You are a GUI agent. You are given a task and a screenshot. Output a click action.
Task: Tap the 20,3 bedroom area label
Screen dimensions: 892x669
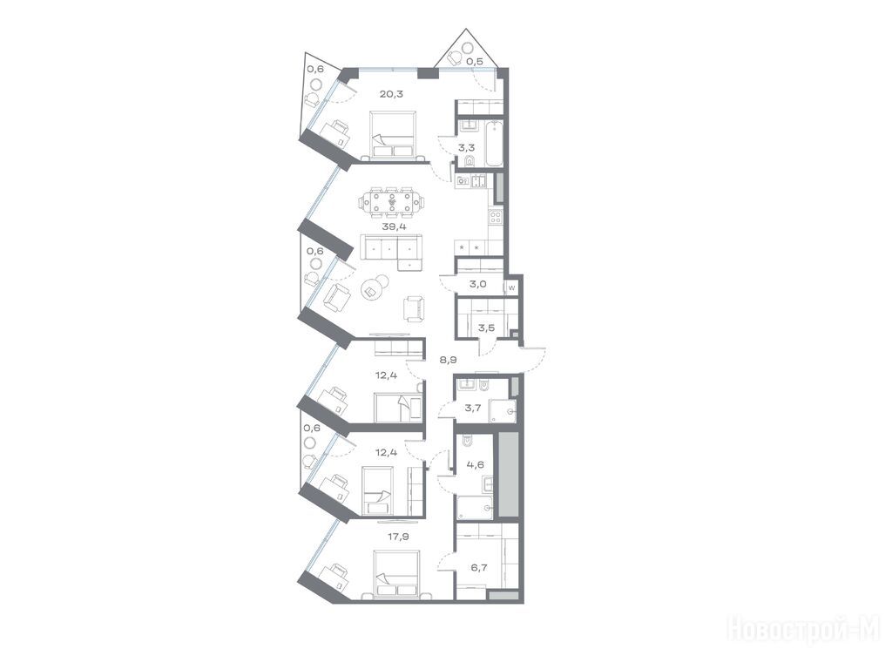pos(391,94)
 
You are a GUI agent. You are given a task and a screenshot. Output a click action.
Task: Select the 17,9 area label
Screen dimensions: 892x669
pos(392,535)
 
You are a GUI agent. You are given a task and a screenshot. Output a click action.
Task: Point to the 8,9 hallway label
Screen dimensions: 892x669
pos(449,360)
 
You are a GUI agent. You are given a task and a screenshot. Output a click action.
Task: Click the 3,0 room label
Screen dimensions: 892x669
pos(478,285)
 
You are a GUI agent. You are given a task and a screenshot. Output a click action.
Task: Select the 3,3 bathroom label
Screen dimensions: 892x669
pos(468,146)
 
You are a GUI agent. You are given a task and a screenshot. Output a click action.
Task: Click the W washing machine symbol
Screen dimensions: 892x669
pos(511,288)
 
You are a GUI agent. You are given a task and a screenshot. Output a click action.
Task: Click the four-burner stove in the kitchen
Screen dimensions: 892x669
pos(496,216)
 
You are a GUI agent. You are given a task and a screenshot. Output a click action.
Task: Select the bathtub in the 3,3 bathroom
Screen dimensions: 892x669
pos(495,144)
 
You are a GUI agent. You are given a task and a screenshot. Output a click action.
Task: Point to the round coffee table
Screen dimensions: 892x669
pos(374,287)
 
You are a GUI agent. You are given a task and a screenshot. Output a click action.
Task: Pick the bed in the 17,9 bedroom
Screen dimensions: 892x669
pos(396,574)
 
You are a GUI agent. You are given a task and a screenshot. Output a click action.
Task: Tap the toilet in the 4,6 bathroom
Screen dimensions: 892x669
pos(468,442)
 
